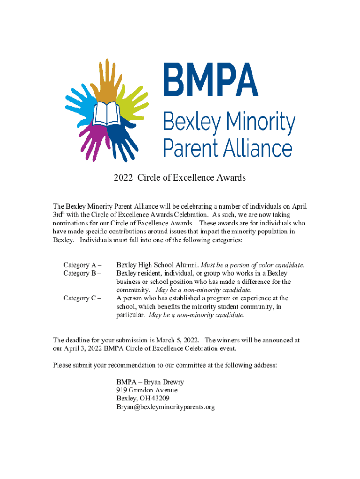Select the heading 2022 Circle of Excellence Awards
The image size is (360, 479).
point(180,178)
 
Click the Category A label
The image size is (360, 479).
point(82,265)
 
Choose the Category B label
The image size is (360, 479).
point(82,273)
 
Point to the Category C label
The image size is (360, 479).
point(82,298)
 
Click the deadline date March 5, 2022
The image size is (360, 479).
point(176,340)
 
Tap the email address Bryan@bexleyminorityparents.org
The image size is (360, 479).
point(166,407)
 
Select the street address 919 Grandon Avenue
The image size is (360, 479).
point(147,391)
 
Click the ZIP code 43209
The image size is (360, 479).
point(159,399)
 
